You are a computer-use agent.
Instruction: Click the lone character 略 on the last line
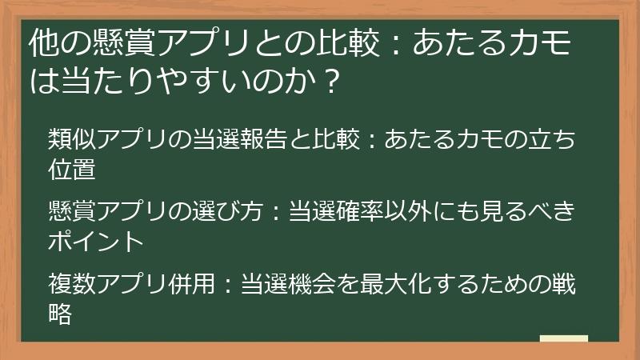click(61, 313)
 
